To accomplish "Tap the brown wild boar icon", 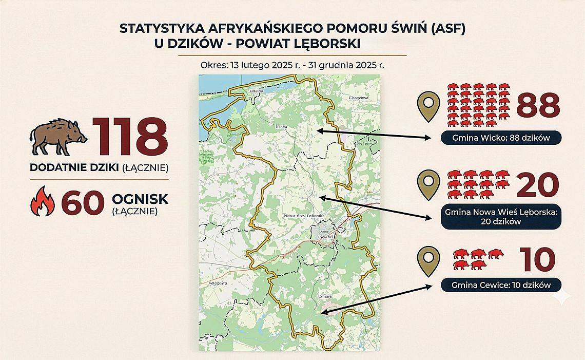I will (58, 137).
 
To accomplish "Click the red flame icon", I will (43, 200).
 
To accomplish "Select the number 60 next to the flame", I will (80, 202).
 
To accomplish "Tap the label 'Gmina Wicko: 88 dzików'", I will (501, 138).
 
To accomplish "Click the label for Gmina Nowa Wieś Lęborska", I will (500, 217).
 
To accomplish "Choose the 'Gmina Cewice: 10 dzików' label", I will (500, 285).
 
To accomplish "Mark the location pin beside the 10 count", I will (429, 261).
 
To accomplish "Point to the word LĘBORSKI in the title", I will (325, 45).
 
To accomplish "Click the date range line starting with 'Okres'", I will (293, 65).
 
